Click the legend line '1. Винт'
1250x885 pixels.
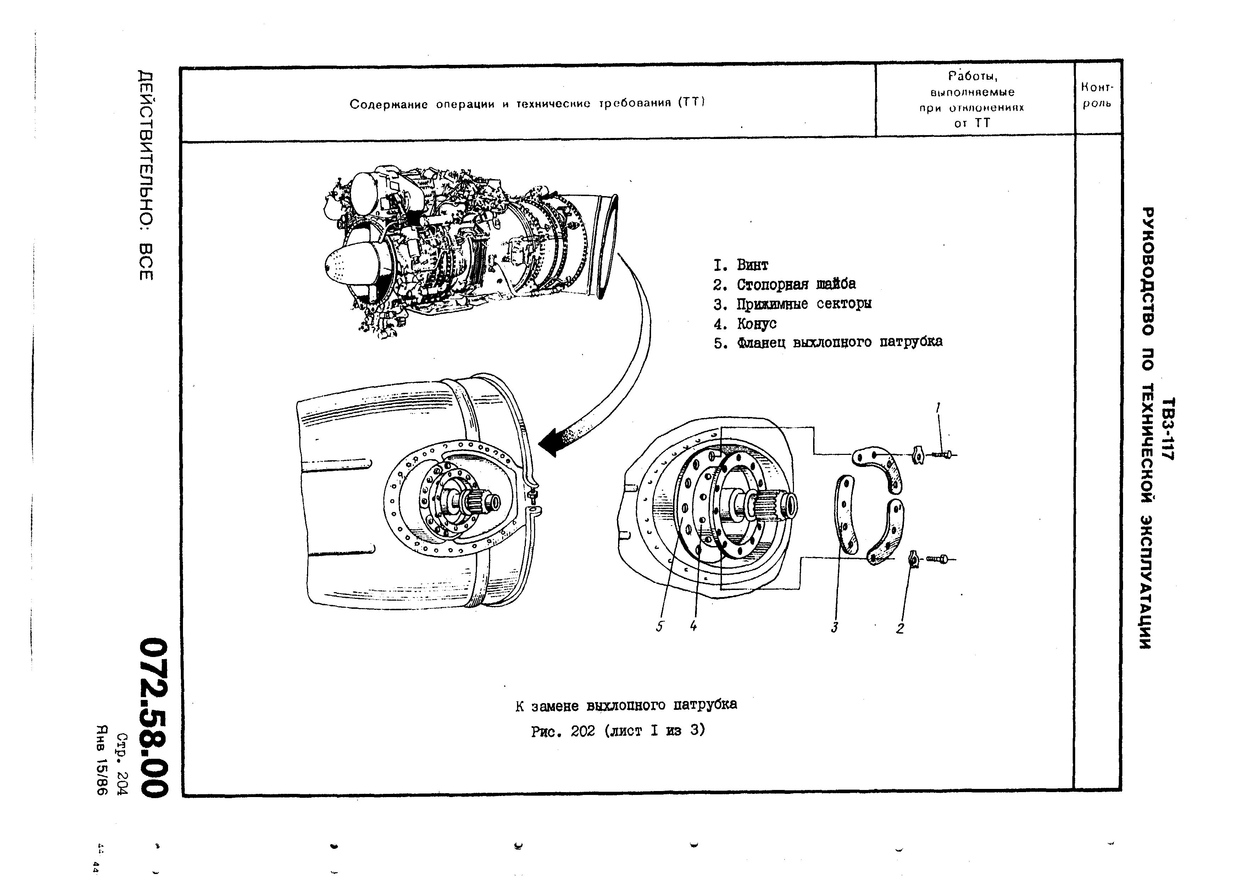(x=741, y=265)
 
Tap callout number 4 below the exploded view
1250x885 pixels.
(x=693, y=627)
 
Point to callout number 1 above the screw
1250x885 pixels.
(x=938, y=408)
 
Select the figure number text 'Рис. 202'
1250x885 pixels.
(x=563, y=731)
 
